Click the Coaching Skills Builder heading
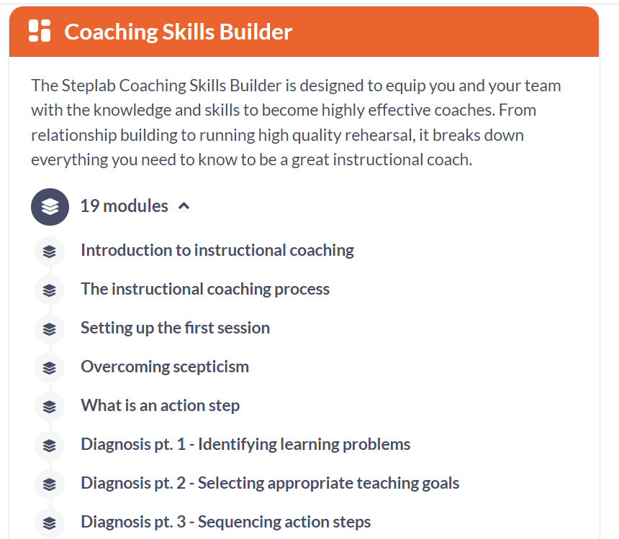[x=178, y=32]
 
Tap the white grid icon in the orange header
[x=40, y=31]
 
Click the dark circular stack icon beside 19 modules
[x=50, y=206]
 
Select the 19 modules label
[x=125, y=206]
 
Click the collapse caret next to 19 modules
[x=184, y=206]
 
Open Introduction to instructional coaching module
[x=217, y=250]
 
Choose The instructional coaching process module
[x=205, y=289]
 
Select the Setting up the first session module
[x=176, y=328]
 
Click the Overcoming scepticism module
[x=165, y=367]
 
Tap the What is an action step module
[x=161, y=405]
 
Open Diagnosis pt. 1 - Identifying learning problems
[x=245, y=444]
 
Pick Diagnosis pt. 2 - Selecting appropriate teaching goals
[x=270, y=483]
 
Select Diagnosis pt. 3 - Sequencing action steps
[x=226, y=522]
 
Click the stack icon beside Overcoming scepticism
[x=50, y=368]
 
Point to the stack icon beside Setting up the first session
[x=50, y=329]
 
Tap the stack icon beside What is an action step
[x=50, y=407]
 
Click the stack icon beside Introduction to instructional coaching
[x=50, y=252]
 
